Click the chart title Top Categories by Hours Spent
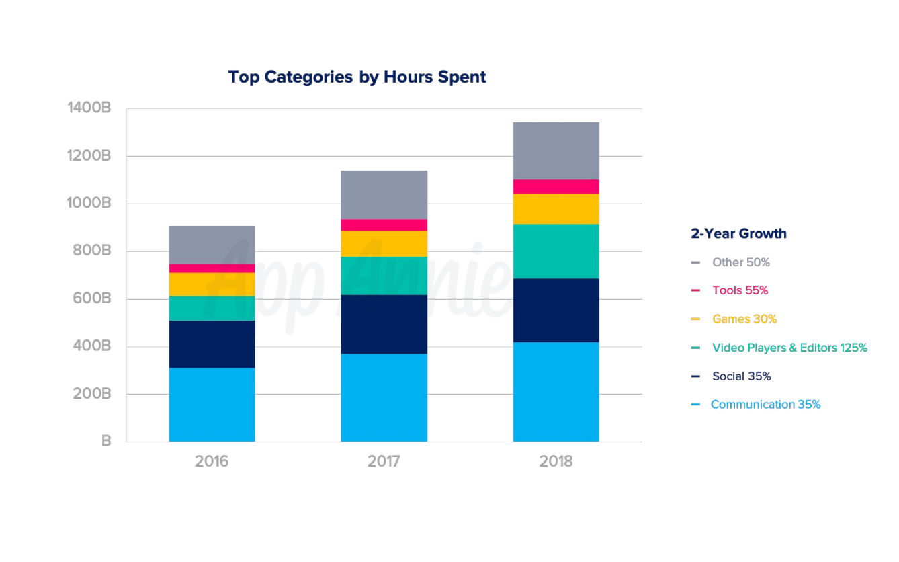(357, 77)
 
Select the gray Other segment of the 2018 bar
(556, 151)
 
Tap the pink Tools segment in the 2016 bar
(212, 268)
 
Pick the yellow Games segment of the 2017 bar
(384, 243)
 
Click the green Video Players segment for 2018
(556, 251)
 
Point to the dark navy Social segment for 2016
(212, 344)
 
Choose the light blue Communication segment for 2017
(384, 397)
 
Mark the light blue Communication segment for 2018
(556, 391)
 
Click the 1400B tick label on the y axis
(89, 108)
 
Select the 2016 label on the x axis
(212, 461)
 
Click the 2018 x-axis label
(556, 461)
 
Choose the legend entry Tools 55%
(740, 290)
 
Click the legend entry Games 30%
(744, 319)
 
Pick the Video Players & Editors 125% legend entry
(789, 348)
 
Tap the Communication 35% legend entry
(765, 404)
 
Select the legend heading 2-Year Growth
(738, 233)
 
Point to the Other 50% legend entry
(740, 262)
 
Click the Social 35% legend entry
(741, 376)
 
